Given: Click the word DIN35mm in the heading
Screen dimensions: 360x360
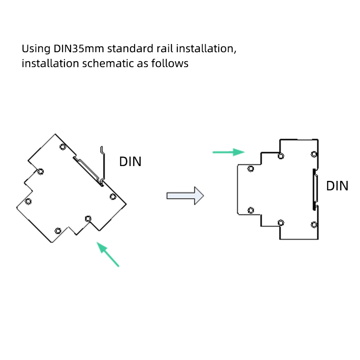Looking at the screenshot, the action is [79, 49].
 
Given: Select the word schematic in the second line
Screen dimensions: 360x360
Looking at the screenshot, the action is [108, 63].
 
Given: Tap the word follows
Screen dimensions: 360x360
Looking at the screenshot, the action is [170, 63].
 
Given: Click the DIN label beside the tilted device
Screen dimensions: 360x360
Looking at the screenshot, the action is [130, 162].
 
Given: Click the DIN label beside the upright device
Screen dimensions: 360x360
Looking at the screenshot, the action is [337, 186].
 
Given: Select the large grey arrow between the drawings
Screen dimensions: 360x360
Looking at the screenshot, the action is [185, 196].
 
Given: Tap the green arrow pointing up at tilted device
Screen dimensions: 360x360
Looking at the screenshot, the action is [108, 254].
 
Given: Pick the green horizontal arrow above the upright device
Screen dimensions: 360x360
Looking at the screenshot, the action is [229, 152].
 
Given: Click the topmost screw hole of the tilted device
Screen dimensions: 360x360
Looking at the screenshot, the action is [63, 147].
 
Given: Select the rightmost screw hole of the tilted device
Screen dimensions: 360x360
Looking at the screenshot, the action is [113, 197].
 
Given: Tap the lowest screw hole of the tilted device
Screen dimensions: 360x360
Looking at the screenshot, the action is [58, 230].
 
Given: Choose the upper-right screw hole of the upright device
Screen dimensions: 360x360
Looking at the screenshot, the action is [314, 154].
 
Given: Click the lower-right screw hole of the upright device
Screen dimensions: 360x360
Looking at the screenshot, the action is [314, 224].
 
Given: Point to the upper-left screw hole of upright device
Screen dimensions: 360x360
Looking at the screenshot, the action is [251, 169].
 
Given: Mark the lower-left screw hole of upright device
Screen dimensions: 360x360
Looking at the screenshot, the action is [251, 210].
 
